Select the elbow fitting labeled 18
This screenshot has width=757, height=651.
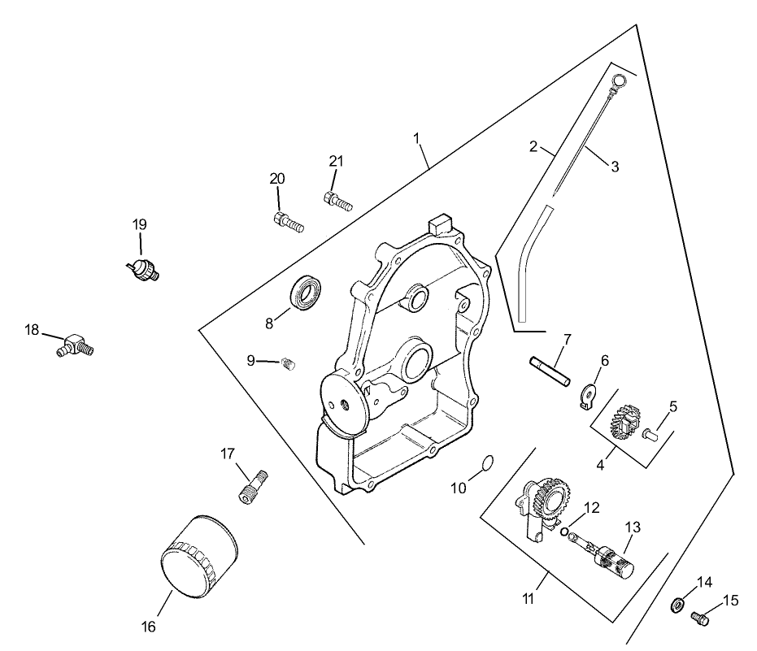(79, 345)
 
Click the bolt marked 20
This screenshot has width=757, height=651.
(288, 221)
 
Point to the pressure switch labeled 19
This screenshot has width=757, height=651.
(144, 269)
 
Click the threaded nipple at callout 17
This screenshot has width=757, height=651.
(253, 485)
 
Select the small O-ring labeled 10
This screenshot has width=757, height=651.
(487, 462)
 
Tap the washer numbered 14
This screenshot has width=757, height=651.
(677, 606)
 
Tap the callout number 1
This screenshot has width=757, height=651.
(416, 138)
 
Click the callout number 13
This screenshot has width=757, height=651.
(632, 527)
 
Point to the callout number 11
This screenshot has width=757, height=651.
(529, 599)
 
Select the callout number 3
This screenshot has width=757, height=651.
(615, 167)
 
